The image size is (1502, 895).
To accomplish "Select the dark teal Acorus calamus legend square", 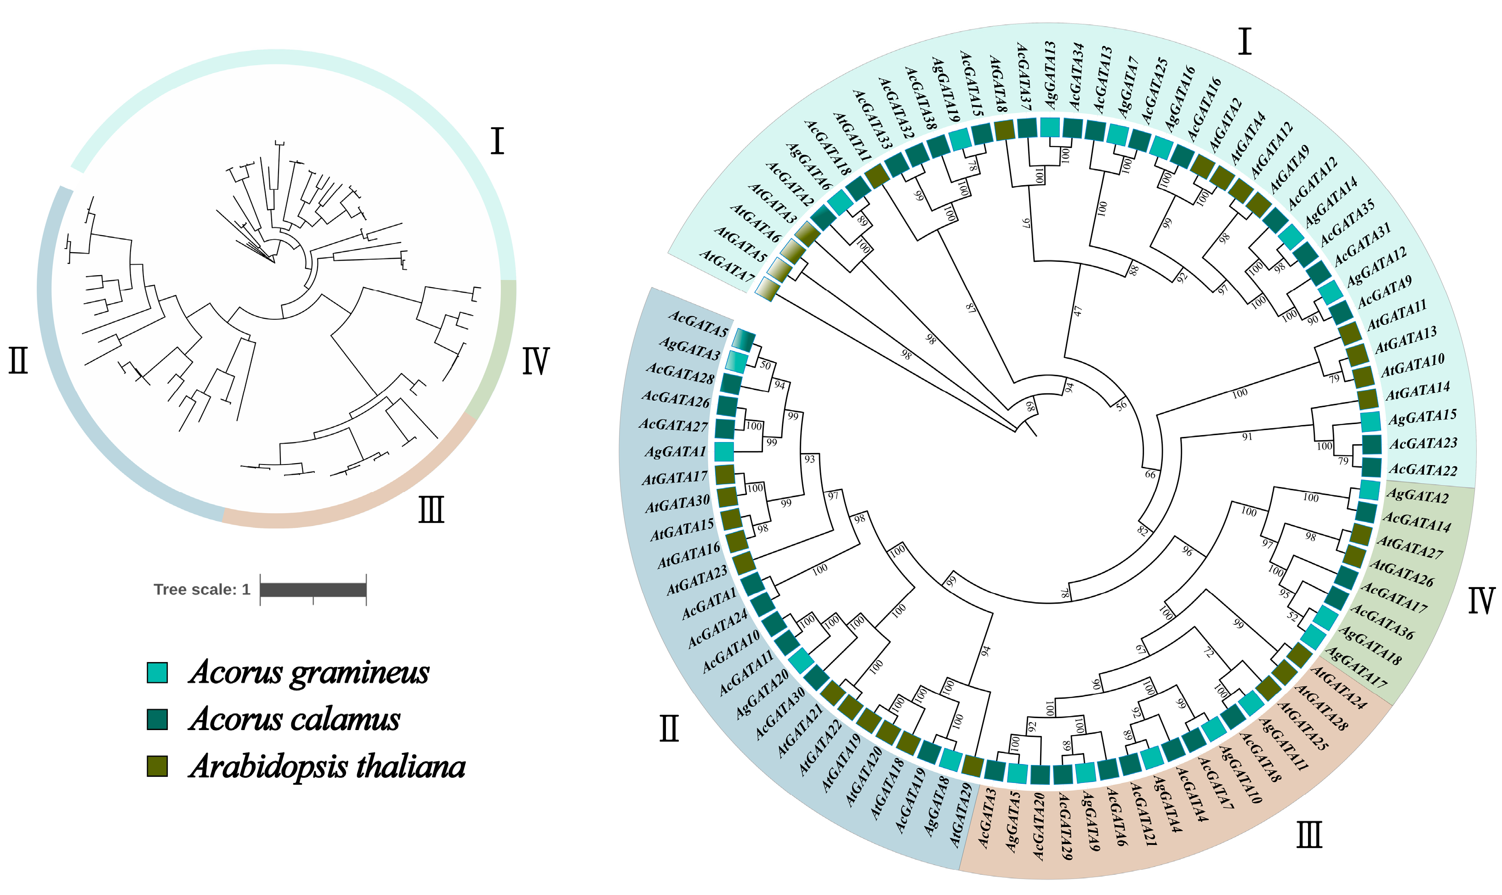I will coord(158,719).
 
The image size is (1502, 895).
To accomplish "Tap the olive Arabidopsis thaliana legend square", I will coord(158,766).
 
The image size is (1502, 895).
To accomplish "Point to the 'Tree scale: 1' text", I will coord(201,589).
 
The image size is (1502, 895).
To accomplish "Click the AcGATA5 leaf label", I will coord(698,324).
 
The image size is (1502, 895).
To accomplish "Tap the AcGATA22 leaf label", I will coord(1423,469).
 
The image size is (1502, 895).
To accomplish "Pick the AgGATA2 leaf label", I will coord(1417,496).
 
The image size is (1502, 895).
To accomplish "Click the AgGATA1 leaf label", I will coord(675,451).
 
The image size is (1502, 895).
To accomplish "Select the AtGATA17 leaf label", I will coord(674,478).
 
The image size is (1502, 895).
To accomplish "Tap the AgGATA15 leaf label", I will coord(1422,417).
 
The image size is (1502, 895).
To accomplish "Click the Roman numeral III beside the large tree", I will coord(1309,835).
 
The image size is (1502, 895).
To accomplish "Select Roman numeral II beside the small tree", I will coord(18,361).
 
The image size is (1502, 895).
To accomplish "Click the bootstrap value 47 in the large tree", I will coord(1078,311).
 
